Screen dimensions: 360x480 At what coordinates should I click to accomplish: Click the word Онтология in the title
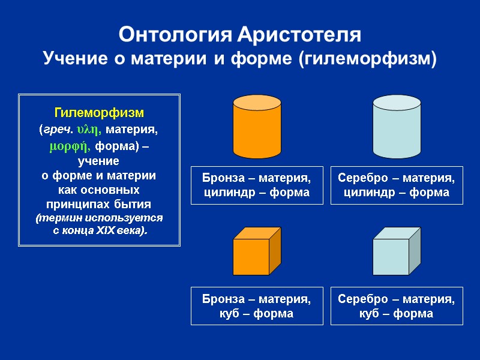click(x=173, y=34)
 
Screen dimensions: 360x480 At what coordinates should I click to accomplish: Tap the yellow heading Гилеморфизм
click(x=99, y=113)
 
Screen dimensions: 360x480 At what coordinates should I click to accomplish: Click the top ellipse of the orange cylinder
click(x=257, y=103)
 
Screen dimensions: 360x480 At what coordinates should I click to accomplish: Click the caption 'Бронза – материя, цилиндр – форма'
click(x=257, y=185)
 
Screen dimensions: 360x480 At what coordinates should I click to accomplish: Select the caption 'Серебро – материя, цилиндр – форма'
click(x=397, y=185)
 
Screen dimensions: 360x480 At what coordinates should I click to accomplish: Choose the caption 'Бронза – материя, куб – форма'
click(x=257, y=306)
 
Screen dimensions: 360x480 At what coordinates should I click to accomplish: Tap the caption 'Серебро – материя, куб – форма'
click(x=397, y=306)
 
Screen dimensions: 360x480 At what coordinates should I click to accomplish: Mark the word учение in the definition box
click(x=99, y=161)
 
